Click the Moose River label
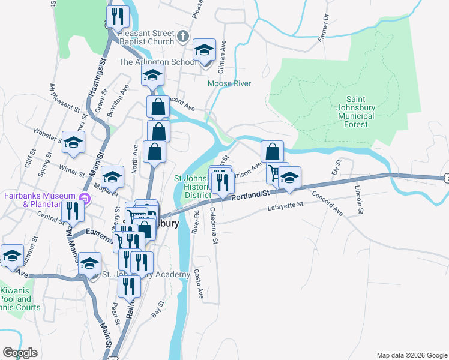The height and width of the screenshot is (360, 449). [x=229, y=83]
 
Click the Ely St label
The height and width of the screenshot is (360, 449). [x=336, y=167]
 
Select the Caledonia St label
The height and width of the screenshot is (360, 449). [x=214, y=225]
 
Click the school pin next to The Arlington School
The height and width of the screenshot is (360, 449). [x=205, y=50]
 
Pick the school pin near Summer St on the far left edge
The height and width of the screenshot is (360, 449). [x=11, y=255]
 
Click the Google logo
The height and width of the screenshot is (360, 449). [x=20, y=353]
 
